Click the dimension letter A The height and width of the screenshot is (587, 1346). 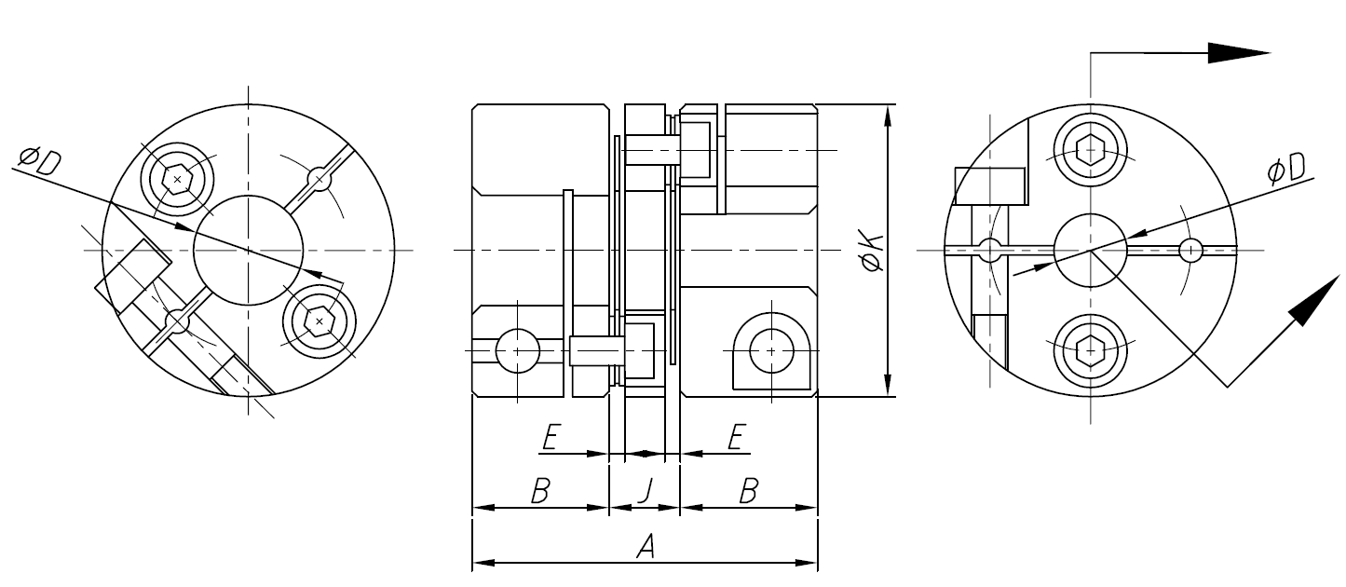click(645, 548)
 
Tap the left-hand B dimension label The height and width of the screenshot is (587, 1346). click(539, 491)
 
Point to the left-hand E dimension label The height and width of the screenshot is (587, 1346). click(550, 437)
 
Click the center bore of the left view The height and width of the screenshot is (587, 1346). click(249, 250)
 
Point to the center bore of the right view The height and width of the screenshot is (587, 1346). click(1090, 249)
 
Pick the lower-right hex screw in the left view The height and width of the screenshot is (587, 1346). click(320, 321)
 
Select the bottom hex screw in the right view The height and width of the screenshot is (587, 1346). click(1090, 350)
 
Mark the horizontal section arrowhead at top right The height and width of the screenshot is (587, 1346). click(1239, 52)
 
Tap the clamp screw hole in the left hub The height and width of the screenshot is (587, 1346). click(517, 350)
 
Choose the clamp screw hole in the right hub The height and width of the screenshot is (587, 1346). click(771, 350)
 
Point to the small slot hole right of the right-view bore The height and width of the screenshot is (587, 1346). click(1190, 250)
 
